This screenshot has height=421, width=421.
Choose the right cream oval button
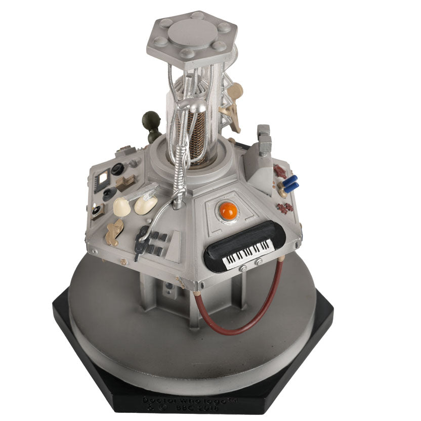pos(146,204)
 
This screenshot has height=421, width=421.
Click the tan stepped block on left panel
pos(124,183)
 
